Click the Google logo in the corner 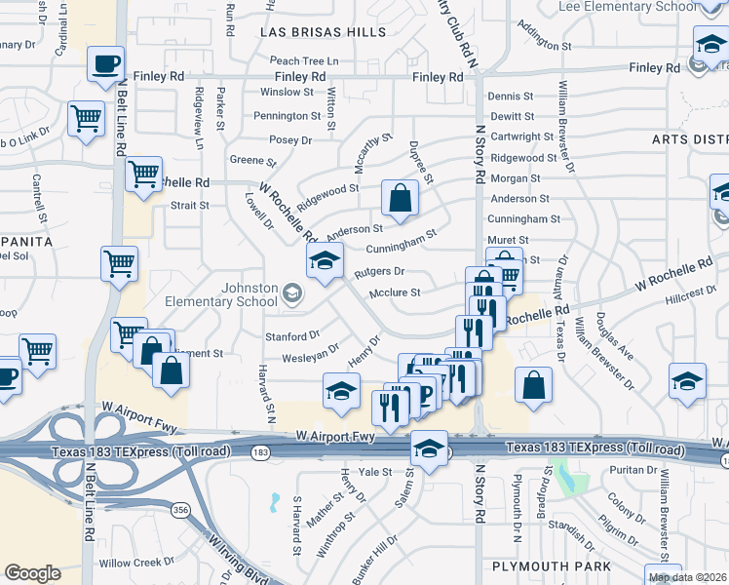tap(32, 573)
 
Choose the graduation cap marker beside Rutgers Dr tap(326, 259)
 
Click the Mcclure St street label tap(395, 292)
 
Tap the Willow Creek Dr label tap(135, 563)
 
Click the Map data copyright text tap(688, 577)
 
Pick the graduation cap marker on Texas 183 tap(428, 448)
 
